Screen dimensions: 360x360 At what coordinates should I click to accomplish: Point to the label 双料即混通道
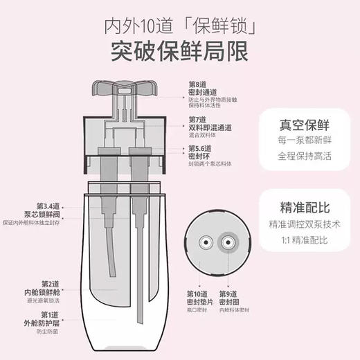[x=210, y=128]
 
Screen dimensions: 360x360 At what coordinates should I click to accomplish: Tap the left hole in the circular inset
[x=206, y=242]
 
